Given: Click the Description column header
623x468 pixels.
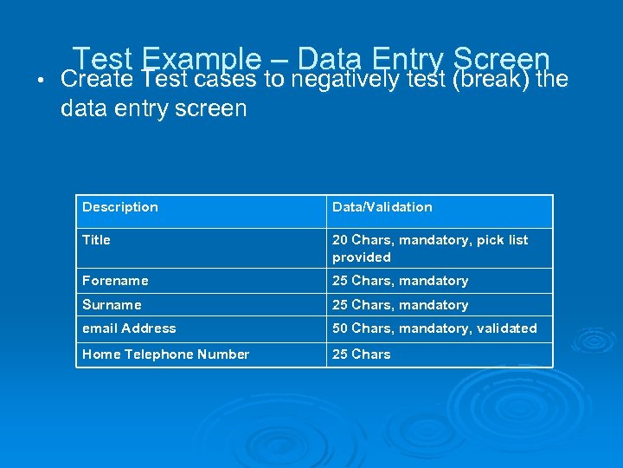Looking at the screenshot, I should click(x=120, y=207).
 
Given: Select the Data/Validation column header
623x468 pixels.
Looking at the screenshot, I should click(x=382, y=207).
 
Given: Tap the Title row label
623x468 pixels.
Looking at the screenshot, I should click(x=96, y=240).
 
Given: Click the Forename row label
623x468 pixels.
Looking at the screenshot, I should click(x=115, y=281).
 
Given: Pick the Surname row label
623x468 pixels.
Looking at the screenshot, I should click(x=112, y=305).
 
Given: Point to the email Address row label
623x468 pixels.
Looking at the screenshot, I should click(x=129, y=328).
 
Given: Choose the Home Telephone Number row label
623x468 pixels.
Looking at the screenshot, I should click(x=165, y=354).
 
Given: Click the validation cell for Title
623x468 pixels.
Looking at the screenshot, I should click(x=429, y=249).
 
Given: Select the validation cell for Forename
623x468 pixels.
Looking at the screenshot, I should click(x=400, y=281).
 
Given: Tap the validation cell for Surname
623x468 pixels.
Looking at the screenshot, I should click(x=400, y=305).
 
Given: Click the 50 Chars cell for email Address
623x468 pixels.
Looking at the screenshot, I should click(x=434, y=328).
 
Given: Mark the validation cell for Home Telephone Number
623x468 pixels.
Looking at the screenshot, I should click(x=361, y=354).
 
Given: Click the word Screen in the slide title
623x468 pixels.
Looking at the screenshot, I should click(x=501, y=59).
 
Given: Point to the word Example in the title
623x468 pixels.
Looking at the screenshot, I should click(x=200, y=59).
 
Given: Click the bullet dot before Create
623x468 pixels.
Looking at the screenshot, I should click(x=29, y=81).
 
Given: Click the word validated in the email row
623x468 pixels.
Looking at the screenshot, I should click(x=506, y=328).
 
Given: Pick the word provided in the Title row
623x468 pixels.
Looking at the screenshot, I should click(x=362, y=257).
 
